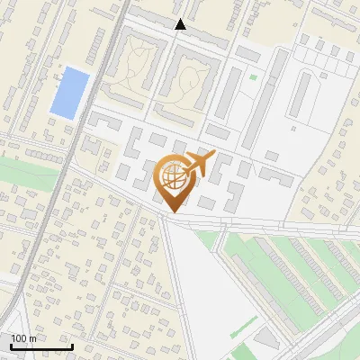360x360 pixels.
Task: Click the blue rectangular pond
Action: (70, 93)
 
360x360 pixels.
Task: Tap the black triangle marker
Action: (181, 24)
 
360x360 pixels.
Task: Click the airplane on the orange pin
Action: (196, 165)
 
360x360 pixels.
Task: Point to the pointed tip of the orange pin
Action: (173, 211)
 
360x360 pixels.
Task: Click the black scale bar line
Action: (40, 346)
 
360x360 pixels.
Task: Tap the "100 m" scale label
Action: (23, 338)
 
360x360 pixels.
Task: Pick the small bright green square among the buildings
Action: (253, 76)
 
